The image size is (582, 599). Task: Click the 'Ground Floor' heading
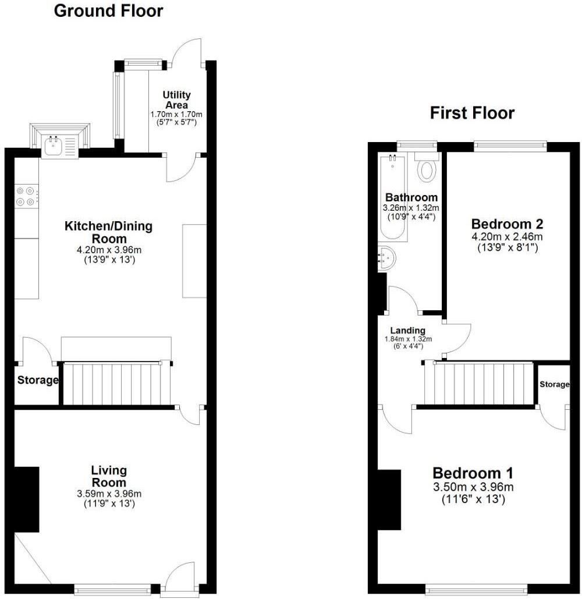108,11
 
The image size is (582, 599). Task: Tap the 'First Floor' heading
472,113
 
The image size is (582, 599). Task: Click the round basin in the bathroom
387,258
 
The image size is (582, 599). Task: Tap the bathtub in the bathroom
393,198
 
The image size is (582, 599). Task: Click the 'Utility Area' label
176,100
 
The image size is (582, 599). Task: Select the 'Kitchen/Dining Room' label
108,232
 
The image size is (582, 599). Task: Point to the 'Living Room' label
109,476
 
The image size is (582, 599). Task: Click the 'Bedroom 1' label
473,473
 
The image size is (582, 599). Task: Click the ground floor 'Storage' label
37,381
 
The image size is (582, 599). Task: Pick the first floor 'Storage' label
553,385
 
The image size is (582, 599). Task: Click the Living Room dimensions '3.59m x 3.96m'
109,494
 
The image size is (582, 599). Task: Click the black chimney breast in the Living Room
27,499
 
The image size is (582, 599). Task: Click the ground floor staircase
116,384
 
